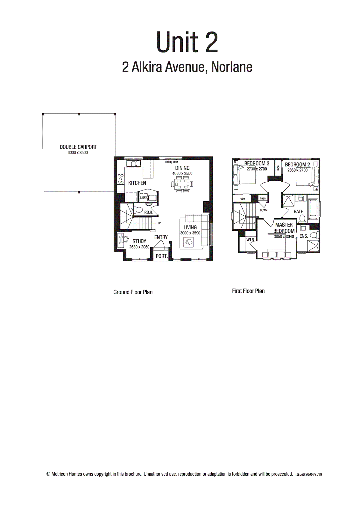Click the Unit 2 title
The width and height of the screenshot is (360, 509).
[x=187, y=43]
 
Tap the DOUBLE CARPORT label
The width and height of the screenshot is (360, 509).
[x=78, y=147]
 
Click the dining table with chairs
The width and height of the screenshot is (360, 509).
[x=182, y=184]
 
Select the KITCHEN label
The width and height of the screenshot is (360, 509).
[x=137, y=183]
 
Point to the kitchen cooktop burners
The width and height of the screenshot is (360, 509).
[x=121, y=179]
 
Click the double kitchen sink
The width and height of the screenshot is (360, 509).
[x=134, y=164]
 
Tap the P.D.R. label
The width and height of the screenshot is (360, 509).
[x=148, y=212]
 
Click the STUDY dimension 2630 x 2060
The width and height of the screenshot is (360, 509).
[x=139, y=247]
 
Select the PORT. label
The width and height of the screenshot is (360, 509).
[x=161, y=256]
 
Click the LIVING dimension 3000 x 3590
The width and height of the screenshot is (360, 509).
[x=190, y=233]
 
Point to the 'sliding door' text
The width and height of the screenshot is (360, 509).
[x=171, y=162]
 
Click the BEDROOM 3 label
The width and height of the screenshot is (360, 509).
[x=257, y=164]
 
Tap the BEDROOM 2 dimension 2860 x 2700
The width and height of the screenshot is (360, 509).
[x=297, y=170]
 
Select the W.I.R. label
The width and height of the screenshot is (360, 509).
[x=250, y=240]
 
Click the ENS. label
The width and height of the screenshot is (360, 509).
[x=303, y=236]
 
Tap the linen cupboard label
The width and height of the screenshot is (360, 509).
[x=263, y=199]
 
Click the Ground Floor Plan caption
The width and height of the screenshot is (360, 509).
[x=133, y=292]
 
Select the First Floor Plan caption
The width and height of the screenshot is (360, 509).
[x=248, y=291]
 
